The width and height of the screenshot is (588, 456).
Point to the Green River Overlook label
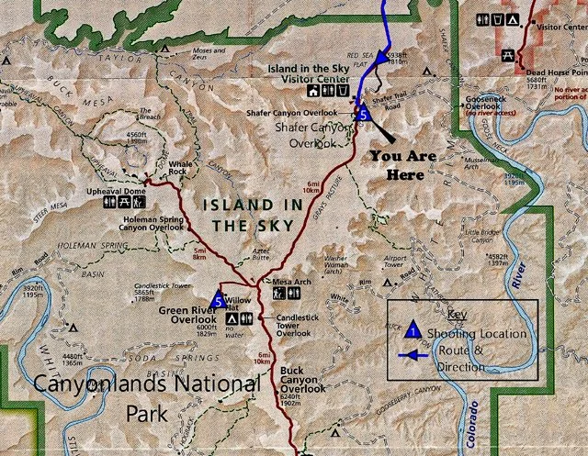pos(187,316)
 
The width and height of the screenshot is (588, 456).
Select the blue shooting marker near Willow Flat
pos(217,298)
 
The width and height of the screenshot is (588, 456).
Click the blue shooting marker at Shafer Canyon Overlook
pos(362,114)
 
